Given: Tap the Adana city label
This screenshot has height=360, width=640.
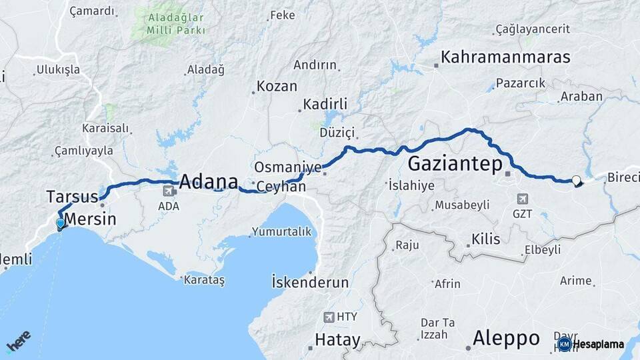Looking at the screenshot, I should pos(209,181).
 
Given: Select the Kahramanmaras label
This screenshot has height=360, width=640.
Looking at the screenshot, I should pos(505,57).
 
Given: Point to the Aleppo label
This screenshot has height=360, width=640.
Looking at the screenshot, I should pos(506,338).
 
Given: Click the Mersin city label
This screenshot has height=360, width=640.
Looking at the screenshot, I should pos(91,219).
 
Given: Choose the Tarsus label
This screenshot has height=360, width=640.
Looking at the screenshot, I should pos(72,197).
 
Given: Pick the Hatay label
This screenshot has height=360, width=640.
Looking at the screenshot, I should pos(337,339).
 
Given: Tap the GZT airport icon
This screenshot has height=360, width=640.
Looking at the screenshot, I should pos(522,199).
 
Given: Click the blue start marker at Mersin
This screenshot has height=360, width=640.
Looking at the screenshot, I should pos(61,224).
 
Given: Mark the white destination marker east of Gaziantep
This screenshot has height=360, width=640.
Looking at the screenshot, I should pos(576,179).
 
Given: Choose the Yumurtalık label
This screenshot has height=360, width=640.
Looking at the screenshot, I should pos(281,232).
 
